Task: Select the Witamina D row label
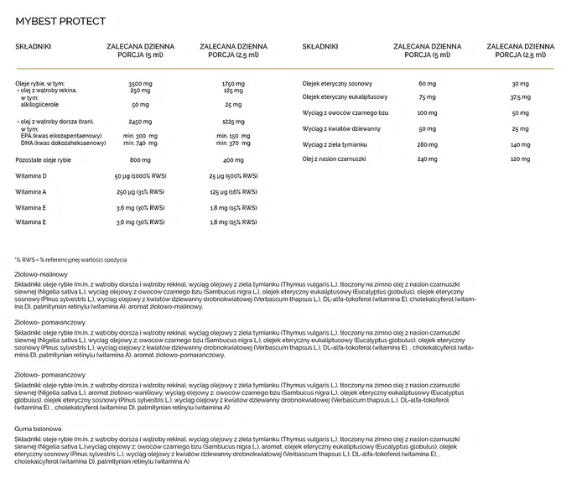(32, 176)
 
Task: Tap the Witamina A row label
(32, 191)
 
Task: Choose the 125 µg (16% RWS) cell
(233, 191)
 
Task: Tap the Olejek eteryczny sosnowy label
(337, 84)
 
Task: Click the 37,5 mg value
(520, 97)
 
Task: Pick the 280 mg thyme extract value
(427, 144)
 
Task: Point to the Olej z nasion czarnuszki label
(335, 159)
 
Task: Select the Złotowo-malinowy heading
(41, 273)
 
